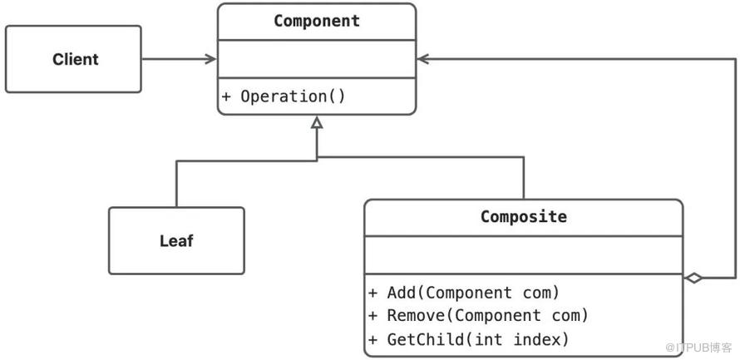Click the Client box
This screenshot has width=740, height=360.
pyautogui.click(x=73, y=59)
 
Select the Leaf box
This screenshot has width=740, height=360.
pyautogui.click(x=176, y=240)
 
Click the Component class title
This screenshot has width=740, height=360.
pyautogui.click(x=317, y=21)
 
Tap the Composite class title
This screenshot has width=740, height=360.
pyautogui.click(x=523, y=216)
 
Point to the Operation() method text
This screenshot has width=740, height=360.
pyautogui.click(x=293, y=96)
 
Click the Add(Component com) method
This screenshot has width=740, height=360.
pyautogui.click(x=473, y=293)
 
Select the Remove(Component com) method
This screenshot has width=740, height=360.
pyautogui.click(x=487, y=316)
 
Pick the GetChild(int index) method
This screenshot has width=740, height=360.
pyautogui.click(x=478, y=339)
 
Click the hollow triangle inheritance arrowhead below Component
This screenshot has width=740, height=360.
pyautogui.click(x=317, y=123)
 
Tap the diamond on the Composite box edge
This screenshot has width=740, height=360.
pyautogui.click(x=693, y=279)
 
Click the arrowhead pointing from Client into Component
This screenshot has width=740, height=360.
pyautogui.click(x=211, y=59)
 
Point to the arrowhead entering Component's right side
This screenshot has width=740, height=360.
pyautogui.click(x=423, y=59)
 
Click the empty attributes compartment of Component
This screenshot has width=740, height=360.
pyautogui.click(x=317, y=60)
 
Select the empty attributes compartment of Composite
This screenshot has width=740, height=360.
pyautogui.click(x=523, y=254)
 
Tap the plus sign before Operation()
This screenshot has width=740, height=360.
pyautogui.click(x=226, y=96)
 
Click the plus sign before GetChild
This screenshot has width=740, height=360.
pyautogui.click(x=373, y=340)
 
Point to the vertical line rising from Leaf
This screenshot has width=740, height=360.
pyautogui.click(x=176, y=184)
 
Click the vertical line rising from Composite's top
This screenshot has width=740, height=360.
pyautogui.click(x=523, y=178)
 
